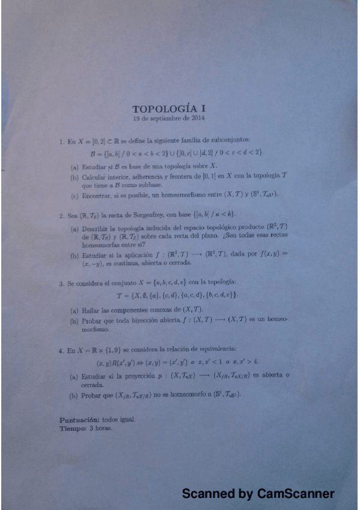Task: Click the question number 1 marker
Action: pyautogui.click(x=61, y=143)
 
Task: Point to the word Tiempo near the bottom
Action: pyautogui.click(x=72, y=428)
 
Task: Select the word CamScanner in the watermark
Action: pyautogui.click(x=295, y=494)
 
